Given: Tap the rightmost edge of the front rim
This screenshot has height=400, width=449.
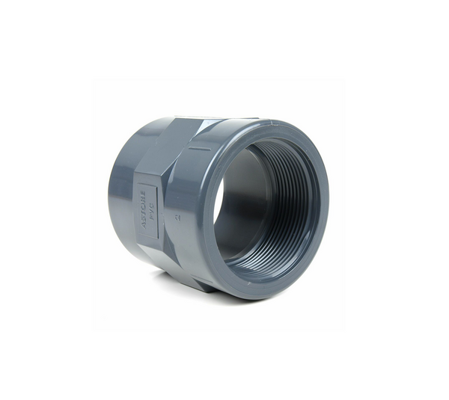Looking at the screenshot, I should (327, 206).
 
